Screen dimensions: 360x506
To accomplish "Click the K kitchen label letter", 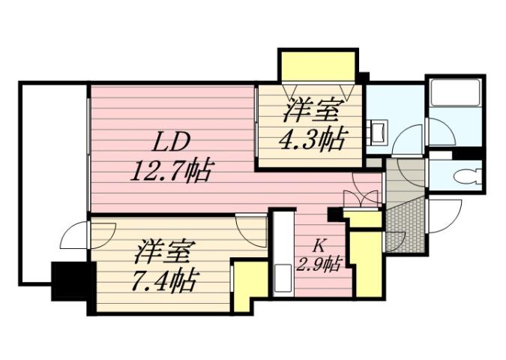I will [319, 244].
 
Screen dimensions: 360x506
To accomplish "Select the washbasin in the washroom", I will [379, 132].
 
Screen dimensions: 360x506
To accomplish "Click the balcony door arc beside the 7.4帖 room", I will [75, 238].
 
